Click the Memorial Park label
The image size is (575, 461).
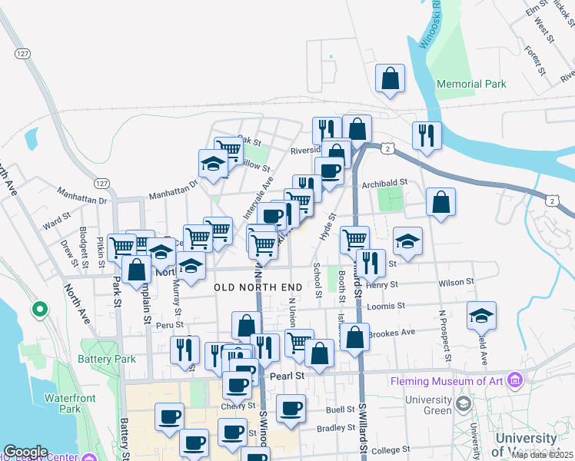coord(470,84)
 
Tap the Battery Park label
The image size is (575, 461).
coord(106,359)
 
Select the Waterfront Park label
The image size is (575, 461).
coord(63,403)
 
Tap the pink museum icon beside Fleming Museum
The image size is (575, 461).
coord(515,380)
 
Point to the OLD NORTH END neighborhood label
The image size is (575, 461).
coord(258,287)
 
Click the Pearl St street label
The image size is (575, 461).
coord(288,376)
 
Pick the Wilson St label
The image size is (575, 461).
coord(456,283)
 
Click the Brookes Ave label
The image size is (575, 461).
coord(392,333)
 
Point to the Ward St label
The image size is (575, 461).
coord(57,223)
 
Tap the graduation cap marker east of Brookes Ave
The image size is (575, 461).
coord(481,315)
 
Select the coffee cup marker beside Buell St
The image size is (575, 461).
coord(291,408)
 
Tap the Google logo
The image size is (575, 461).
coord(26,452)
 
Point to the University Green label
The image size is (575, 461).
coord(429,405)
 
